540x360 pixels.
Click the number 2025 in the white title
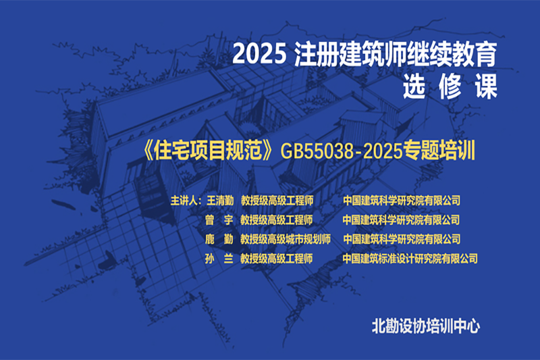pyautogui.click(x=260, y=54)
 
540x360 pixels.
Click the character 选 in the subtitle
pyautogui.click(x=414, y=86)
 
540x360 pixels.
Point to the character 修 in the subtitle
pyautogui.click(x=450, y=86)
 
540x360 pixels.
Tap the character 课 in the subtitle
pyautogui.click(x=486, y=86)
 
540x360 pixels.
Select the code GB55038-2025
pyautogui.click(x=342, y=151)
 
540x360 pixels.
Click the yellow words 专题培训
pyautogui.click(x=439, y=151)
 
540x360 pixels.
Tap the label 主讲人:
pyautogui.click(x=186, y=201)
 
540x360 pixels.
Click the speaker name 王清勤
pyautogui.click(x=220, y=201)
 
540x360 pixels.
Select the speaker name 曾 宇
pyautogui.click(x=219, y=220)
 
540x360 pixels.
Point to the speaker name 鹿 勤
pyautogui.click(x=219, y=239)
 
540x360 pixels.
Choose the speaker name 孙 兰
pyautogui.click(x=219, y=259)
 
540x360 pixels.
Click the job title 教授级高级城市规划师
pyautogui.click(x=286, y=239)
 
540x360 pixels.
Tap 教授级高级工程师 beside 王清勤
pyautogui.click(x=277, y=201)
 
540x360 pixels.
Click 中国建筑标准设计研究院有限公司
pyautogui.click(x=410, y=259)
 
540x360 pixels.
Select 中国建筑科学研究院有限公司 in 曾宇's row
pyautogui.click(x=401, y=220)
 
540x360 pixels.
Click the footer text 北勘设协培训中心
pyautogui.click(x=426, y=326)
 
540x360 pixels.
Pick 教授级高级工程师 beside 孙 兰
pyautogui.click(x=277, y=259)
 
